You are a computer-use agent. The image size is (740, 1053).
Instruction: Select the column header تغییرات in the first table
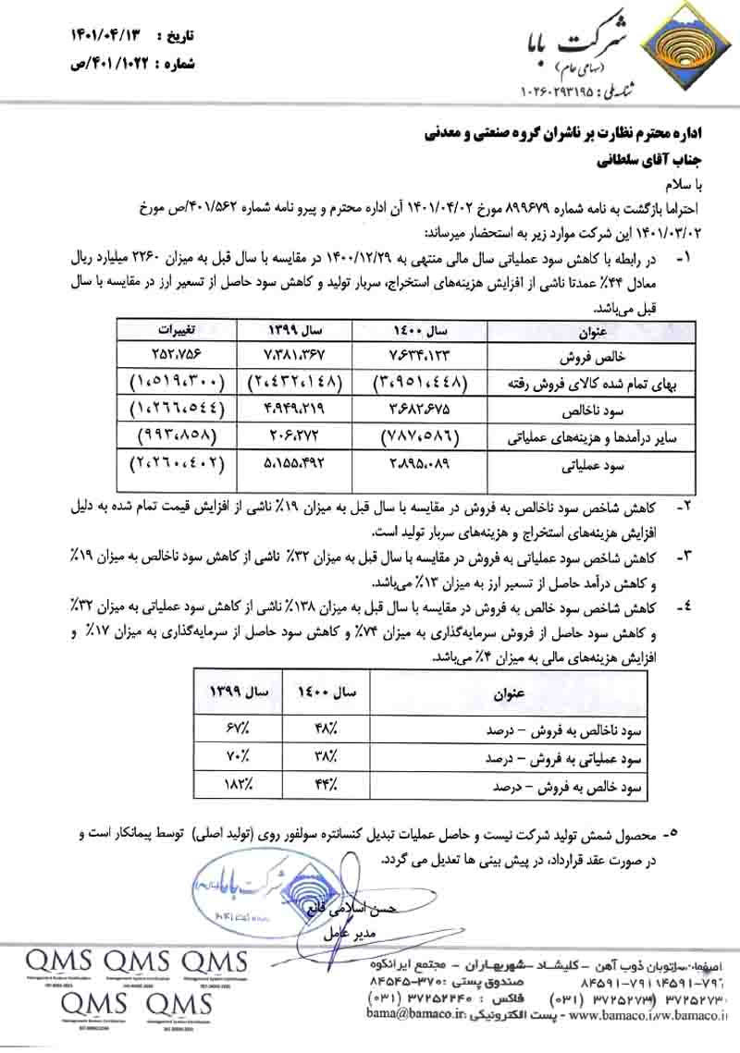coord(179,329)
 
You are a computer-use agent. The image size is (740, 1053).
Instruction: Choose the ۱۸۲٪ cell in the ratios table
coord(231,788)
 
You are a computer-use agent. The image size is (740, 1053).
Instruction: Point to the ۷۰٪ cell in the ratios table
coord(231,758)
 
